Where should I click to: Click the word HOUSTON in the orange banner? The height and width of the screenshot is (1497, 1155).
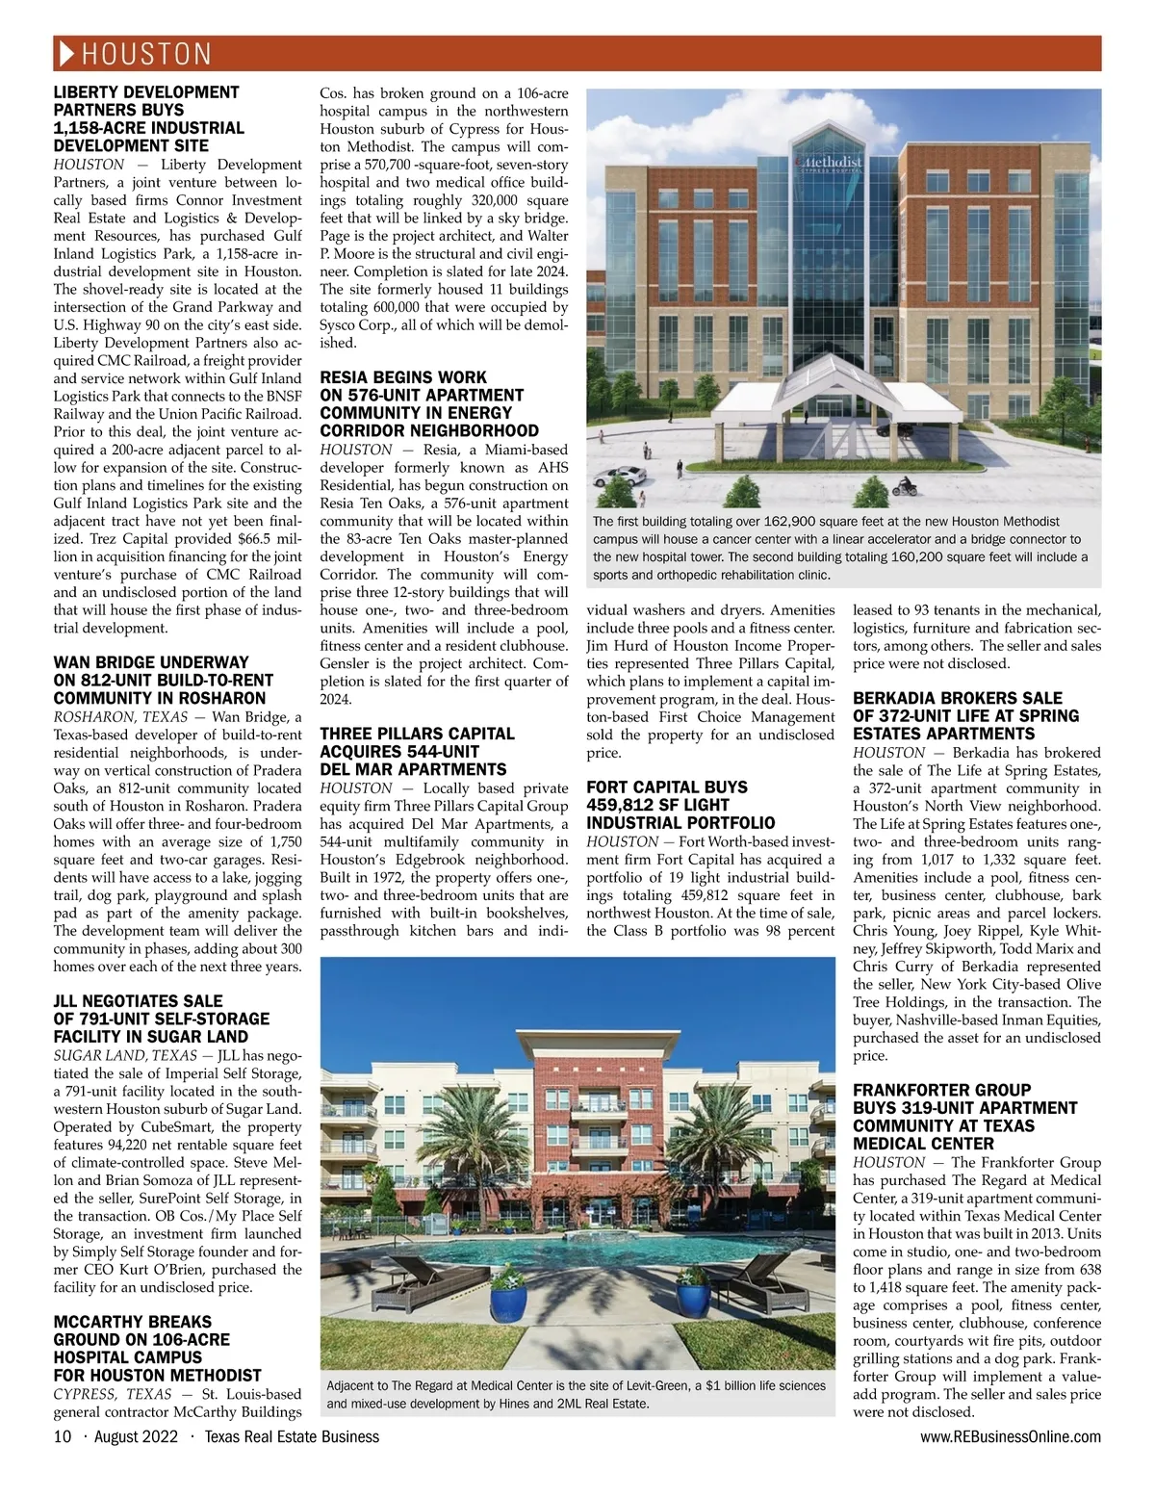click(146, 54)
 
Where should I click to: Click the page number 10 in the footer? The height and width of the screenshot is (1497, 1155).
click(62, 1436)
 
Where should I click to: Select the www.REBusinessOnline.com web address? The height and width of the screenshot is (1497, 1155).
click(1011, 1436)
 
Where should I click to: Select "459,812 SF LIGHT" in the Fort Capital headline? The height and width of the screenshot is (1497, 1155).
click(657, 805)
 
